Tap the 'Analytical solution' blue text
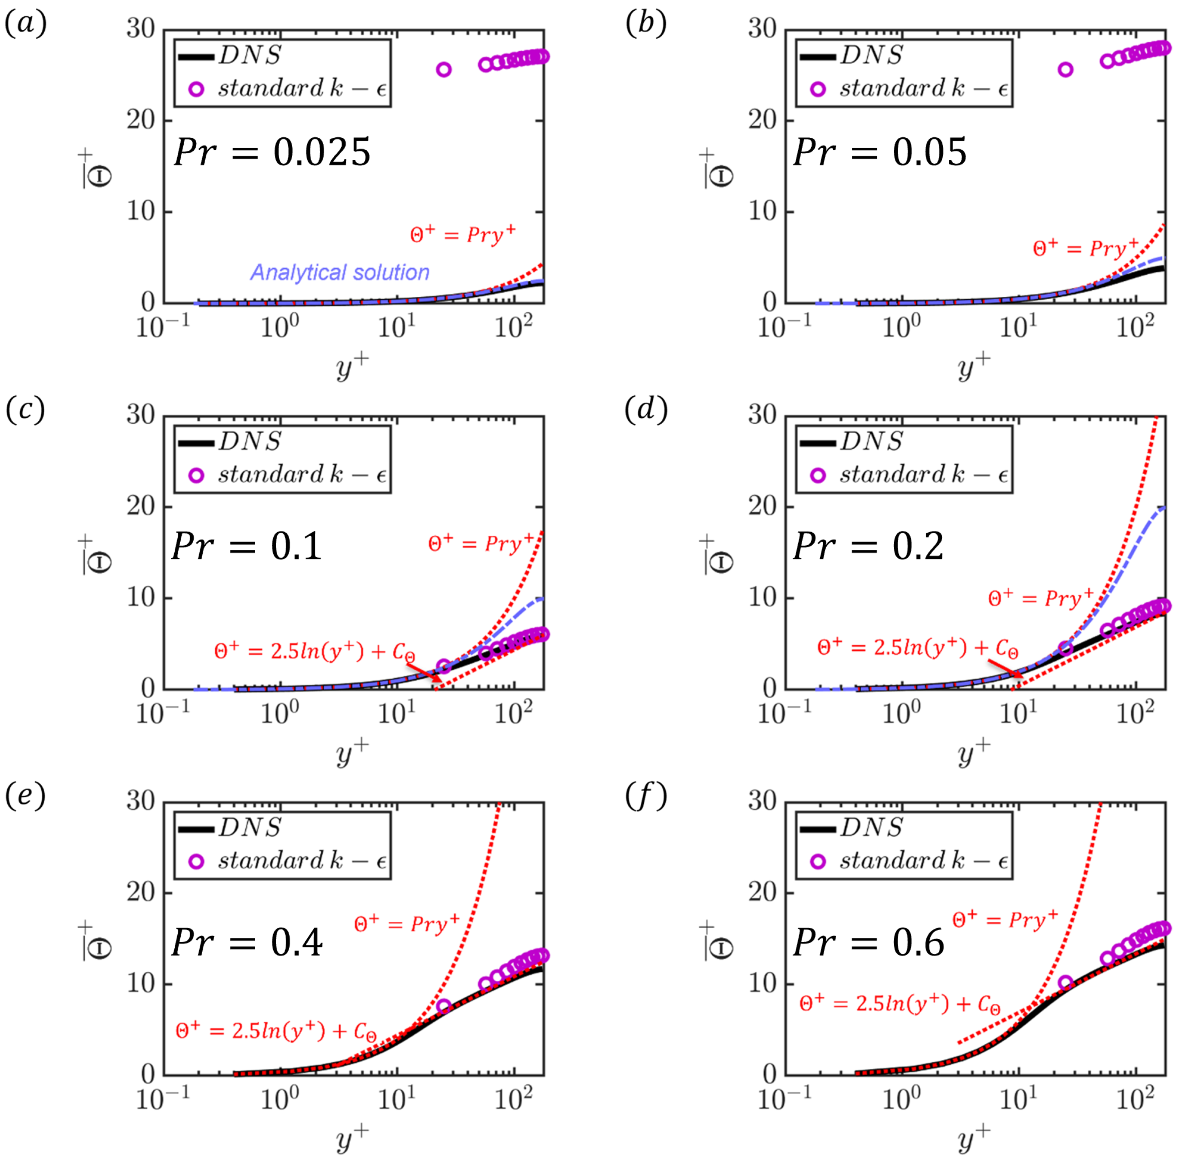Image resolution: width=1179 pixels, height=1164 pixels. (340, 272)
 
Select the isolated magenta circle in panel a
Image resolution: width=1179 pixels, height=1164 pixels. (444, 70)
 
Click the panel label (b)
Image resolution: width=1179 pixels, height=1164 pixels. (645, 25)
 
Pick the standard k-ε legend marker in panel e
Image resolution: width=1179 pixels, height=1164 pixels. (196, 862)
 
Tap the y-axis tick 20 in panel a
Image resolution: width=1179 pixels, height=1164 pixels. (141, 120)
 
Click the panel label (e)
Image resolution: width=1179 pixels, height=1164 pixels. (25, 797)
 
